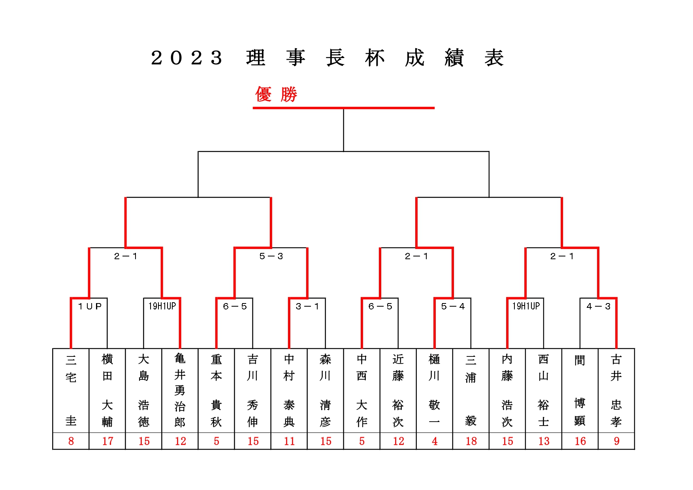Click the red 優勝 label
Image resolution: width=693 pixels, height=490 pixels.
click(276, 94)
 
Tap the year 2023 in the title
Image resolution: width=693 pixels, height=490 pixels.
click(186, 58)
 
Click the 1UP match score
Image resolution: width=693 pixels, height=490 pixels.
click(90, 306)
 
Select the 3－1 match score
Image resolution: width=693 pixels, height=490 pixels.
click(307, 306)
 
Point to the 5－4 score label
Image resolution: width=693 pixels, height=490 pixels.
click(453, 306)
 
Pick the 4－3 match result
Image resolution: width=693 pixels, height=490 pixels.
click(599, 306)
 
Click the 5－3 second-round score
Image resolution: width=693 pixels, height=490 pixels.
click(271, 256)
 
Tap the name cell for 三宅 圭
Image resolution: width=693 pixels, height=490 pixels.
click(71, 390)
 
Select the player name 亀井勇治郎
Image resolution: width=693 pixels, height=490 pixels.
click(180, 390)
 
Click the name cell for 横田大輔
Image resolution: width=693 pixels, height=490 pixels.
click(107, 390)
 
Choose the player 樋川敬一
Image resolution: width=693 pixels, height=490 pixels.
click(434, 390)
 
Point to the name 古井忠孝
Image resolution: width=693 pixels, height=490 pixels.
click(616, 390)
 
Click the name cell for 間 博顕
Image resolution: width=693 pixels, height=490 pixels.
click(580, 390)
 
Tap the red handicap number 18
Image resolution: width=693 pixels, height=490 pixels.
click(471, 441)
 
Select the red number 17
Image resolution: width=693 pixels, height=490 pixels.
click(107, 441)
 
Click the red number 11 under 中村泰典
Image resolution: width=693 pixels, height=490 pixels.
click(289, 441)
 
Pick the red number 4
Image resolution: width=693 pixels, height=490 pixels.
click(435, 441)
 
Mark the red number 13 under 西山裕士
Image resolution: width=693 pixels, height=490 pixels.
click(544, 441)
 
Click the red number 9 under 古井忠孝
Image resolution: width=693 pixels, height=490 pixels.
click(616, 441)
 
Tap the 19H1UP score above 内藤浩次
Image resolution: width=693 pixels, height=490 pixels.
click(526, 306)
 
